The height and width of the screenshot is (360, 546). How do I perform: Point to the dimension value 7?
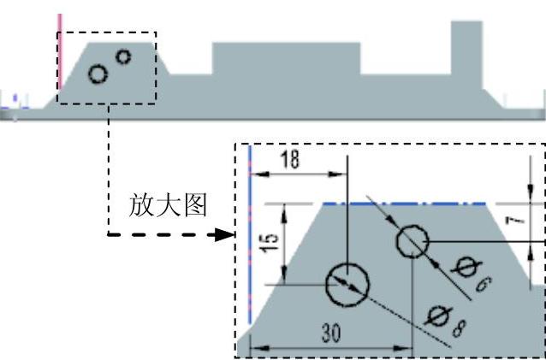(x=531, y=223)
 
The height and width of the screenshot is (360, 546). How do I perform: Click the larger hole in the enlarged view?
(x=347, y=284)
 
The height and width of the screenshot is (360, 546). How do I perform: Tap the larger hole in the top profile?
(x=98, y=74)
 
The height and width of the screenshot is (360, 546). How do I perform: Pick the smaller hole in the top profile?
(x=123, y=56)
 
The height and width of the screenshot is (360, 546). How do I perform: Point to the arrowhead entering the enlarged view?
(x=228, y=233)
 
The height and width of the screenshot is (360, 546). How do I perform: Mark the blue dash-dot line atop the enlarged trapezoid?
(x=402, y=204)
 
